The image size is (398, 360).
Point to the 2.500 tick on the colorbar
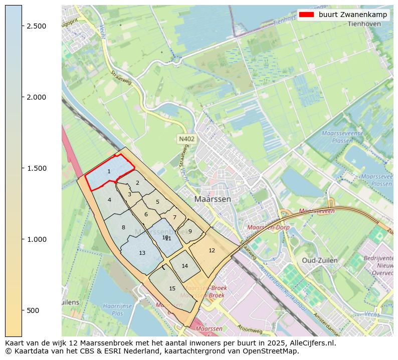tap(22, 26)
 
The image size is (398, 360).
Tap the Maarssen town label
tap(213, 199)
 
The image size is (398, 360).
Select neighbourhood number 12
tap(212, 250)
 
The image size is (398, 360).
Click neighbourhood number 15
tap(172, 288)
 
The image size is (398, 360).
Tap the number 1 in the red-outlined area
tap(109, 172)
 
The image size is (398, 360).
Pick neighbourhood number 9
tap(190, 231)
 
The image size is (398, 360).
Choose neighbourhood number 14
tap(184, 266)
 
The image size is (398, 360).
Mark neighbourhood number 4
tap(109, 200)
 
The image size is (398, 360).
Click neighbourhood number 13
tap(142, 253)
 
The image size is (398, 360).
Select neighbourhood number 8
tap(123, 228)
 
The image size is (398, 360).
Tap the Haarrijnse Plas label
tap(117, 309)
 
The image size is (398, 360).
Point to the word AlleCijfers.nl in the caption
tap(310, 343)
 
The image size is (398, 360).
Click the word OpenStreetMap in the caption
tap(275, 351)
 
